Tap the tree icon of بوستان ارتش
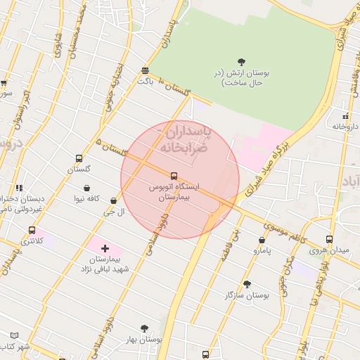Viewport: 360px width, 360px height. point(242,62)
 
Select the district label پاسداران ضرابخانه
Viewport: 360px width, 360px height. point(184,139)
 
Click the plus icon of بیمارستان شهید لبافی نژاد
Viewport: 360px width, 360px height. point(105,248)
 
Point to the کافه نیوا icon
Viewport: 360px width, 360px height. point(86,188)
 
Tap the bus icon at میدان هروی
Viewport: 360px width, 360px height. point(330,240)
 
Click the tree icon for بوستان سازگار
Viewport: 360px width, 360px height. point(247,284)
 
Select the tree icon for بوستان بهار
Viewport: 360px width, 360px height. point(145,328)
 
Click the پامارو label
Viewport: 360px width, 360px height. point(260,250)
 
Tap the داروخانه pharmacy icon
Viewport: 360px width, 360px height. point(345,116)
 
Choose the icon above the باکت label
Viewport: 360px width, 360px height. point(145,70)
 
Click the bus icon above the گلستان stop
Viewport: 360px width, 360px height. point(78,159)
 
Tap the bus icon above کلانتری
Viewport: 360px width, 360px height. point(32,230)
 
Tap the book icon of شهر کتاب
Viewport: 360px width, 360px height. point(15,336)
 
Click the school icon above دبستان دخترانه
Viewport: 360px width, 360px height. point(19,188)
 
